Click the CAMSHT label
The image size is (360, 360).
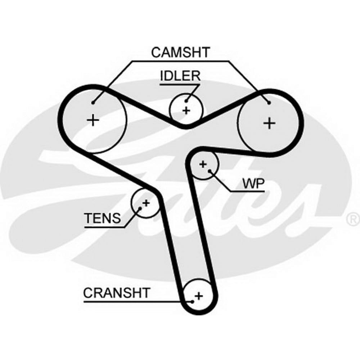tap(180, 53)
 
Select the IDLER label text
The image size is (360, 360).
tap(180, 76)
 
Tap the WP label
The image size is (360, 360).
tap(253, 184)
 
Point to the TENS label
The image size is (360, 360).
tap(103, 218)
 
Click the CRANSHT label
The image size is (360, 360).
tap(116, 293)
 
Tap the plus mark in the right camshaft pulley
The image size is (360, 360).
tap(269, 123)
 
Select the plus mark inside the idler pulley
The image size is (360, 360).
tap(186, 110)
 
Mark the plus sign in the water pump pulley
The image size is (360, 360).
tap(203, 165)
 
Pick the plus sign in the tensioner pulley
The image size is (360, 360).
tap(146, 203)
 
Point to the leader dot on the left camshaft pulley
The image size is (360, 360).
tap(93, 103)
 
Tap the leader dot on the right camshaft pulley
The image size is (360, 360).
tap(269, 103)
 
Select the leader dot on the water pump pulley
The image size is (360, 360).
tap(210, 172)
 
